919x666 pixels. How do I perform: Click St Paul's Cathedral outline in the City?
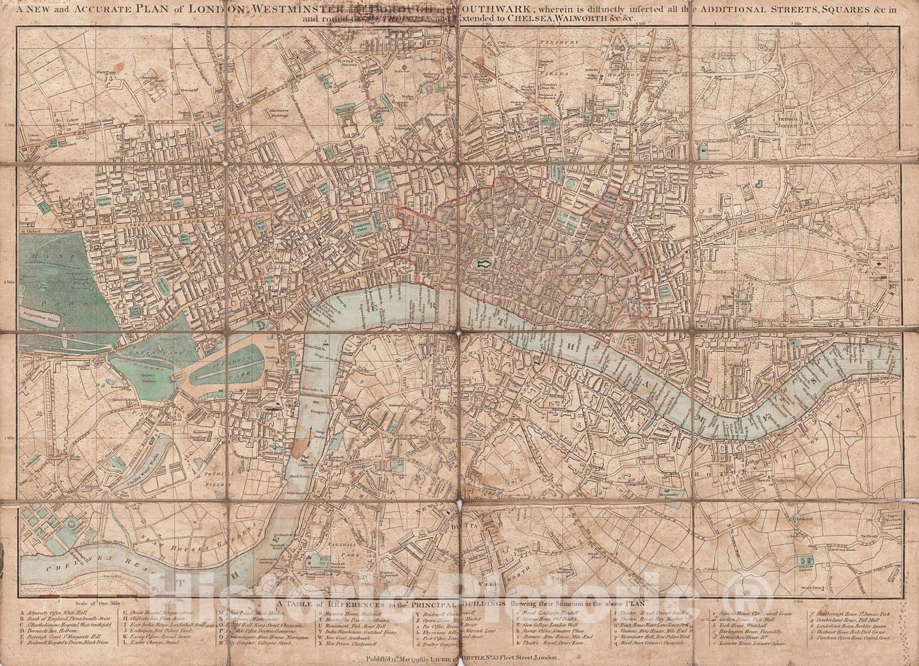[x=481, y=265]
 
